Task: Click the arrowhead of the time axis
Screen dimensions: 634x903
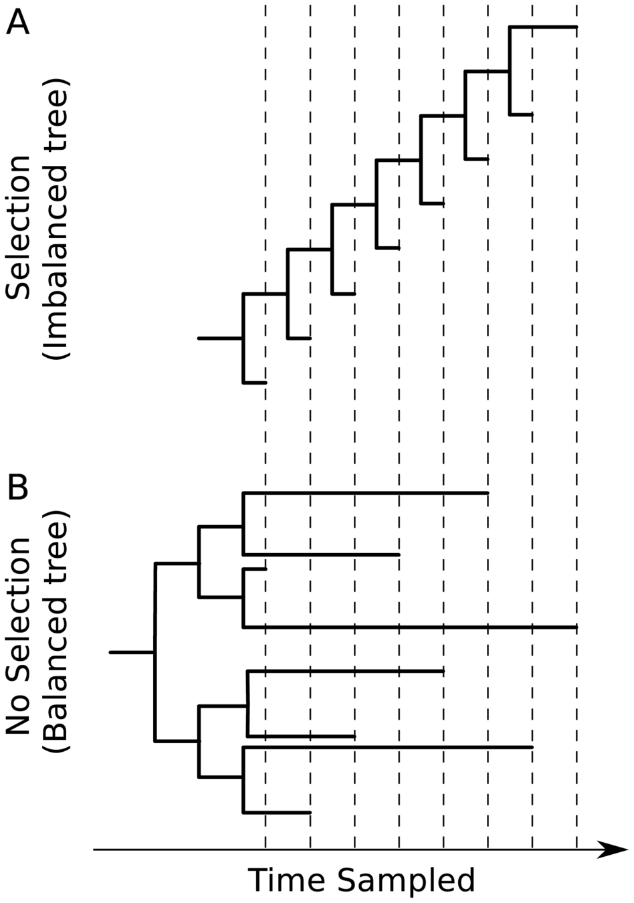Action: click(x=613, y=849)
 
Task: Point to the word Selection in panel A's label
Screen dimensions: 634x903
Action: click(x=18, y=227)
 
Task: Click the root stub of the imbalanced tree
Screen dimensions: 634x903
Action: click(x=220, y=338)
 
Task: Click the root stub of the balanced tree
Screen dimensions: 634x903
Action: click(x=132, y=651)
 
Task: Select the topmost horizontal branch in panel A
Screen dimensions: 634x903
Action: click(x=543, y=27)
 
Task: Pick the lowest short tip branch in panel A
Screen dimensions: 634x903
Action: click(x=254, y=383)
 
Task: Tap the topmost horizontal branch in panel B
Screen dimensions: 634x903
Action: click(x=365, y=493)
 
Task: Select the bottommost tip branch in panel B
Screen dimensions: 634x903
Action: click(x=276, y=813)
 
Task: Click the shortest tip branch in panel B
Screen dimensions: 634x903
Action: click(x=255, y=569)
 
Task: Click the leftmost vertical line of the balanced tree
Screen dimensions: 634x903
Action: click(x=155, y=652)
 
